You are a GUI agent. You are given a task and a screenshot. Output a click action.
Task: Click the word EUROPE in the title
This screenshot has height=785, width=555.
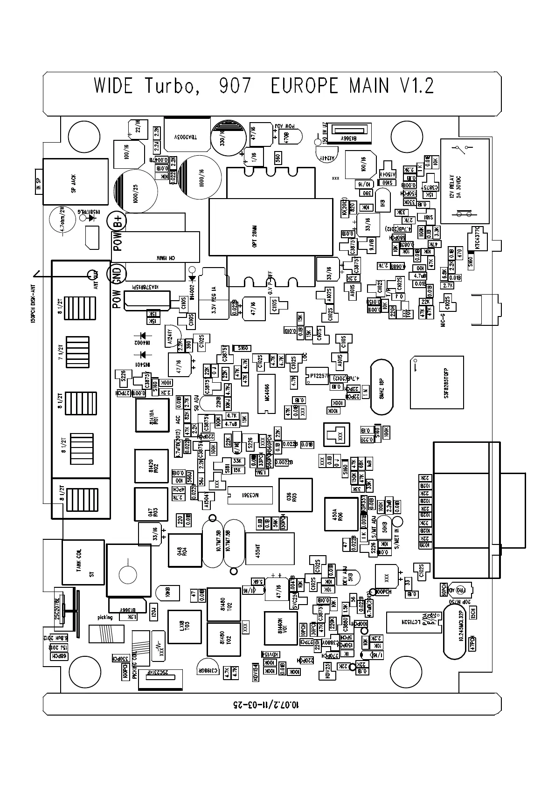click(304, 86)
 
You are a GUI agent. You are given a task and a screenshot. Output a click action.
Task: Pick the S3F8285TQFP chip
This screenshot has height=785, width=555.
click(437, 382)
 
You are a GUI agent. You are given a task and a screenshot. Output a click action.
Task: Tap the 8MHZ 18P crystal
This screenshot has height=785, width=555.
click(382, 386)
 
